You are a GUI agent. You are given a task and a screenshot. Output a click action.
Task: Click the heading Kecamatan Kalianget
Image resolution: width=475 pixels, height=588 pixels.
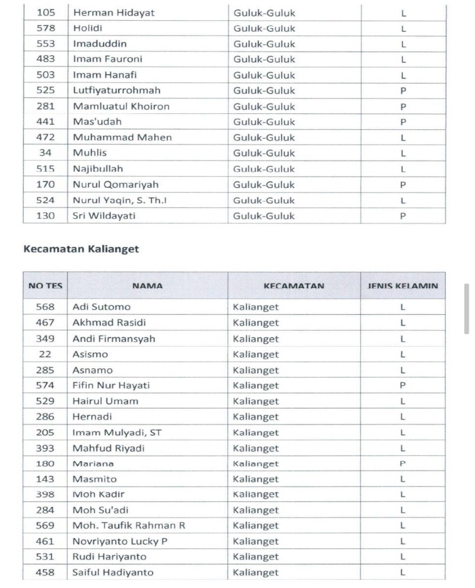click(x=81, y=249)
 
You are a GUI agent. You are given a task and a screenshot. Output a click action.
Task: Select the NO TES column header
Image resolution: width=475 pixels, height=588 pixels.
click(x=45, y=286)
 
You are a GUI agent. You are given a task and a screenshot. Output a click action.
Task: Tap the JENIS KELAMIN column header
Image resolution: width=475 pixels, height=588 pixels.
click(x=403, y=286)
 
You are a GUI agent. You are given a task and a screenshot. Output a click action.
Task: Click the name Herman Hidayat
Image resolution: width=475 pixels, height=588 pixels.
click(x=110, y=12)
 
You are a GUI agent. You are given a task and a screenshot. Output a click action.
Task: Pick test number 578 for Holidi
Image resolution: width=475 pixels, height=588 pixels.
click(x=45, y=28)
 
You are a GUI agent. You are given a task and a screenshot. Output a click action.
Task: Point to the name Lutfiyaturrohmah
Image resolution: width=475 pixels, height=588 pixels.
click(x=116, y=91)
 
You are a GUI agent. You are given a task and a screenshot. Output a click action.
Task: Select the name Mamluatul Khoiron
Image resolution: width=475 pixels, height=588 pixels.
click(x=121, y=106)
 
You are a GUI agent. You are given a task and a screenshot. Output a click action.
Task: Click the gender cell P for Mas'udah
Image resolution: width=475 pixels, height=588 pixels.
click(x=403, y=122)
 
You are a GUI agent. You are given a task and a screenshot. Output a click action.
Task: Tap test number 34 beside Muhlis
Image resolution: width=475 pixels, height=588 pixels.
click(x=45, y=153)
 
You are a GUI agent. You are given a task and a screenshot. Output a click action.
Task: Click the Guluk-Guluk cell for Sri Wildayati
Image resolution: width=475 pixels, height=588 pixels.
click(x=264, y=216)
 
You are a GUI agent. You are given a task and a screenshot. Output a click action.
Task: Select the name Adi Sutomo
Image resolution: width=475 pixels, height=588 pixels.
click(x=102, y=307)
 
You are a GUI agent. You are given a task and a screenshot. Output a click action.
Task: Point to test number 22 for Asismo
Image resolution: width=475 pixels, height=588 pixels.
click(x=45, y=354)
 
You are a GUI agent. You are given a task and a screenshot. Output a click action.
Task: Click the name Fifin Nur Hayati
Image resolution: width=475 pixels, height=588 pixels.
click(x=111, y=385)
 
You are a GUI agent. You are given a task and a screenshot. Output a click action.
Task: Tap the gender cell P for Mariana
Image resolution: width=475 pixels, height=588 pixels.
click(x=403, y=464)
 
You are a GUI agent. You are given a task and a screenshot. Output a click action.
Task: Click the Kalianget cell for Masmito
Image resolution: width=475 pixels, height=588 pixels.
click(x=255, y=479)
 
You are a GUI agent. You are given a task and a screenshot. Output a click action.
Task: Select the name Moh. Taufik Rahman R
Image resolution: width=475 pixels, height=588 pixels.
click(x=128, y=526)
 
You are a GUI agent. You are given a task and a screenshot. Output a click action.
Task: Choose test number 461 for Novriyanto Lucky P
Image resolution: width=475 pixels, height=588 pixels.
click(x=45, y=541)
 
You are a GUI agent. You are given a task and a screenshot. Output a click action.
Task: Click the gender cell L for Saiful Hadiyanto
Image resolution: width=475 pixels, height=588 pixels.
click(x=403, y=573)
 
